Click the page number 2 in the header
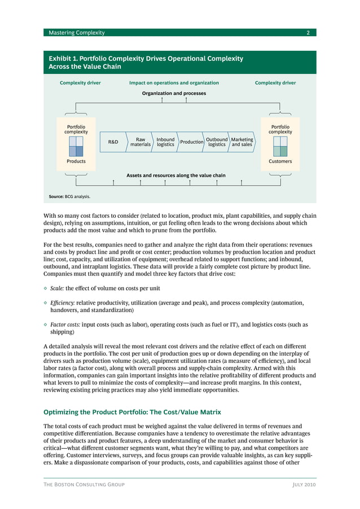point(308,33)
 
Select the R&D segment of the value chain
point(113,142)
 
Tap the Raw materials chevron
point(141,142)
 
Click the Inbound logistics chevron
point(165,142)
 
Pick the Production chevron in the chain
point(191,142)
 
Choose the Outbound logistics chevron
point(217,142)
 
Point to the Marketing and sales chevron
point(242,142)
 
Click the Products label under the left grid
point(76,161)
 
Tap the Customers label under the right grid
point(280,161)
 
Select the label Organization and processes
point(174,93)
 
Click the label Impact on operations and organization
point(174,83)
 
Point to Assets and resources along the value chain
point(175,175)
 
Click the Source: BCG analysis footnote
point(69,197)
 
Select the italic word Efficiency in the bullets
point(62,303)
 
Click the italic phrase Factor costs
point(65,324)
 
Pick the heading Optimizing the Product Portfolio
point(132,412)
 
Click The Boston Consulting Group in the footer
point(84,484)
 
